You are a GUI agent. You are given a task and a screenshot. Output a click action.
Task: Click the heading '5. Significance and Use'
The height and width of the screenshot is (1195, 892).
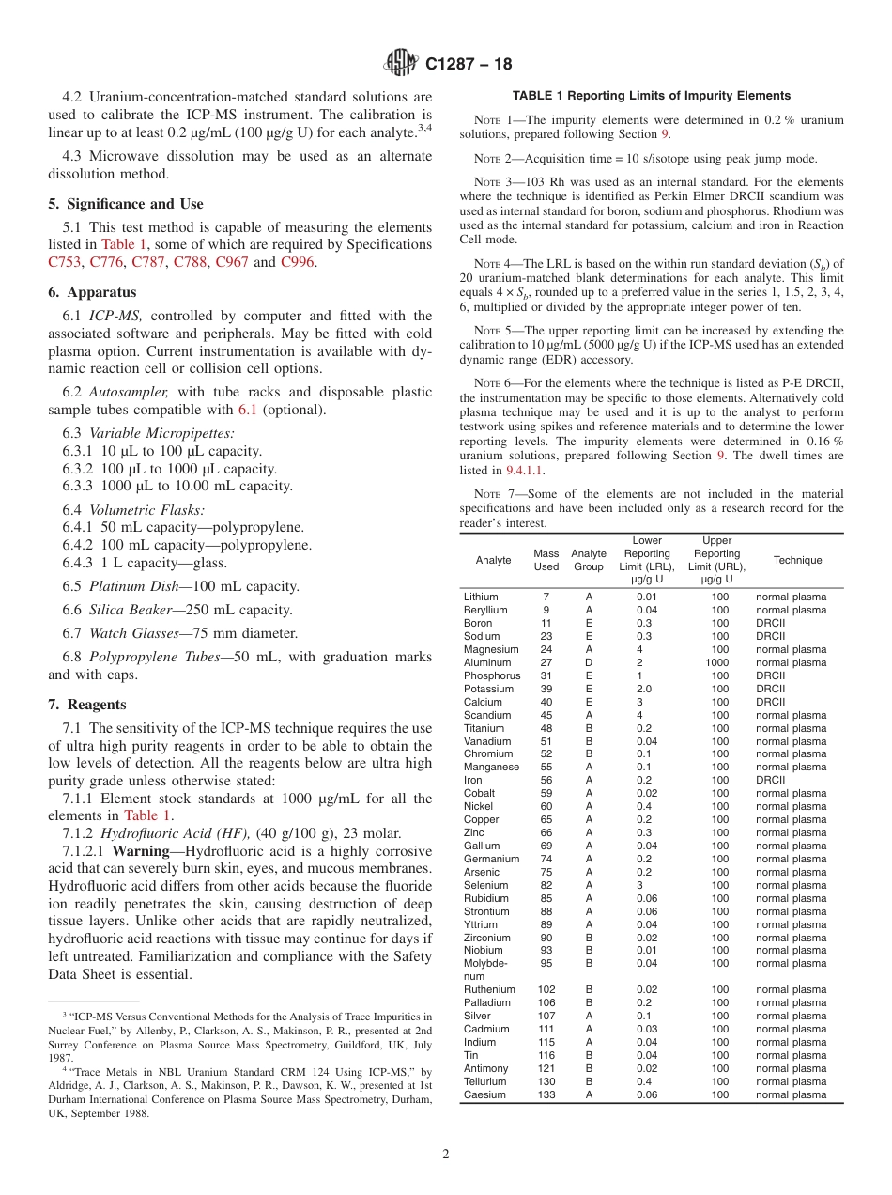coord(125,204)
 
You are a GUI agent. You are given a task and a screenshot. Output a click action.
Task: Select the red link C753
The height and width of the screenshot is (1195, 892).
coord(65,262)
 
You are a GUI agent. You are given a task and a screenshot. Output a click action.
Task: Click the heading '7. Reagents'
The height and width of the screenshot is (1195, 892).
coord(86,705)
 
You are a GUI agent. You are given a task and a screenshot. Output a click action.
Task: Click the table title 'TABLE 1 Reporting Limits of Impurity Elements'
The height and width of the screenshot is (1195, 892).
coord(651,96)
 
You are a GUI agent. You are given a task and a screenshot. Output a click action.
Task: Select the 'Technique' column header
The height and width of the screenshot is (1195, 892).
coord(797,560)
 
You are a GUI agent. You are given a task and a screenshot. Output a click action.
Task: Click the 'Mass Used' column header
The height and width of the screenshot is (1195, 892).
coord(546,560)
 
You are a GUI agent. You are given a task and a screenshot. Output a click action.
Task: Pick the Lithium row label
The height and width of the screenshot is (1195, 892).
coord(481,597)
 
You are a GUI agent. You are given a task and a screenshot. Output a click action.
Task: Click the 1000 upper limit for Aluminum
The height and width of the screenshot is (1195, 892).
coord(719,662)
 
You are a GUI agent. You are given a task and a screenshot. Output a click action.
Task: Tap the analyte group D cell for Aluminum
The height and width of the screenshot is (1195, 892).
coord(589,662)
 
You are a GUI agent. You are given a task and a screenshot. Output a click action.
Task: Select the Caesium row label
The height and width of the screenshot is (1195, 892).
coord(484,1094)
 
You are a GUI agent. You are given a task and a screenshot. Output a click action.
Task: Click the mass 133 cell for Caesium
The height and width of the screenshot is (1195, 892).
coord(546,1094)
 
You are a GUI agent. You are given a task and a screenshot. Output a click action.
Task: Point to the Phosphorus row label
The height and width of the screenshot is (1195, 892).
coord(492,675)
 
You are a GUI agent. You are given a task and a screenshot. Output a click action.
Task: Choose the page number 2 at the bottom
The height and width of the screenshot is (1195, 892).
coord(446,1155)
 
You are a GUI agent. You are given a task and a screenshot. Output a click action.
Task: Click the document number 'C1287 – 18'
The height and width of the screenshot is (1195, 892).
coord(469,65)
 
